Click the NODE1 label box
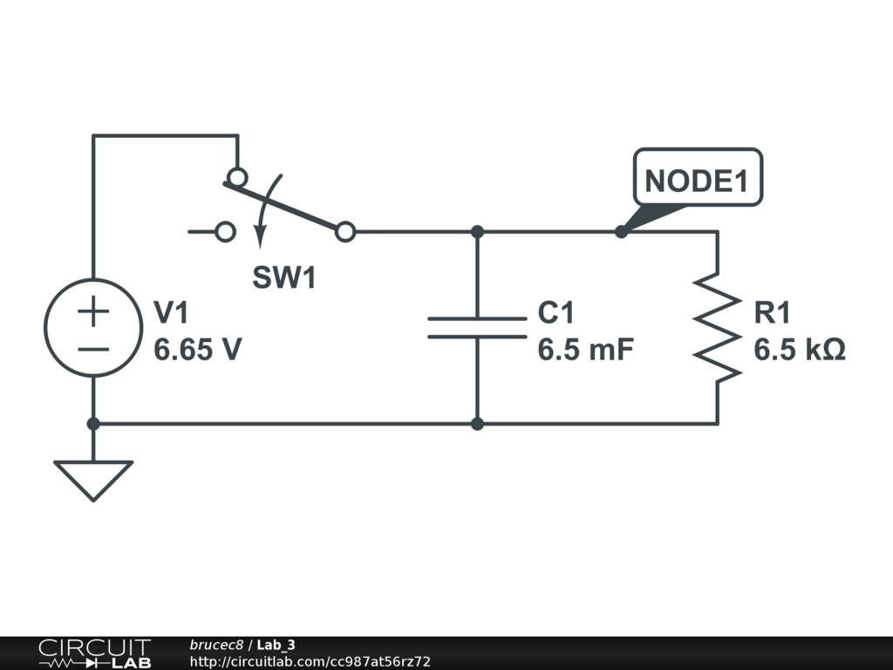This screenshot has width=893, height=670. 698,177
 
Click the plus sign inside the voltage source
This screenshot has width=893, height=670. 93,311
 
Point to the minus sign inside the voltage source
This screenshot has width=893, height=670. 93,349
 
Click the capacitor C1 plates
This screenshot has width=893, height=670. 477,328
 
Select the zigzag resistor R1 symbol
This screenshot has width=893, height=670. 718,328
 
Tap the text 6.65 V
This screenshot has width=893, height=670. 198,349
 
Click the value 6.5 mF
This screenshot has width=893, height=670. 585,349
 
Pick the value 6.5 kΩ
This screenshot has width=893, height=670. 800,349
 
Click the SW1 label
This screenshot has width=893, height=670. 284,277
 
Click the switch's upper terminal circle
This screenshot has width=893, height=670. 237,177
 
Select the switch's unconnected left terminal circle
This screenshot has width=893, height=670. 226,232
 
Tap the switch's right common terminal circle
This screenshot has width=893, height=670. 345,232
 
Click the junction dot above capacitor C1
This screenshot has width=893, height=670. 477,232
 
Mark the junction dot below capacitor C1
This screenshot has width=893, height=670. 477,424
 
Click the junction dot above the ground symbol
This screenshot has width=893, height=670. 93,424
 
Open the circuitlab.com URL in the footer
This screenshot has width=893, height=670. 310,661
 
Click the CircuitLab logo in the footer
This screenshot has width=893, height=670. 94,653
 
